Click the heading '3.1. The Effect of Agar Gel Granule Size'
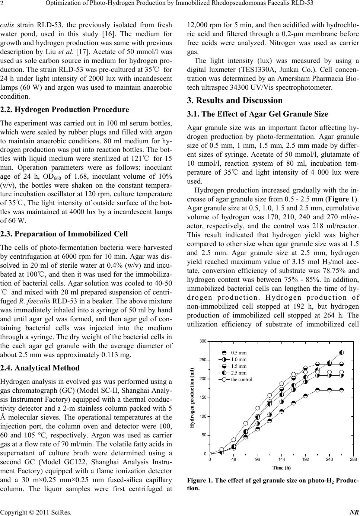pos(257,114)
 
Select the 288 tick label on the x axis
pos(353,459)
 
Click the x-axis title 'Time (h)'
pos(281,468)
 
